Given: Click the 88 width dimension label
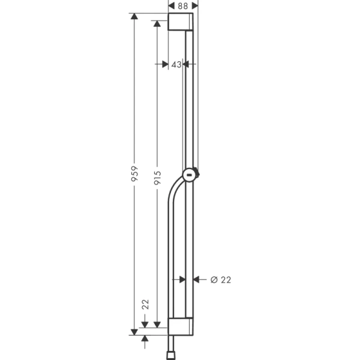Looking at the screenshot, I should [x=183, y=5].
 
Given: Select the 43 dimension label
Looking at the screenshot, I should [x=176, y=64].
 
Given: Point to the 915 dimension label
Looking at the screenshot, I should [x=157, y=175].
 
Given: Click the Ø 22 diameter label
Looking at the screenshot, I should [x=221, y=280].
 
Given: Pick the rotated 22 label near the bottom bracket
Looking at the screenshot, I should [x=145, y=305].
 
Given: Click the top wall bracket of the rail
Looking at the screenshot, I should [x=181, y=22].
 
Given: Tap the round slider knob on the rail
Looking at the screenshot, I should [x=190, y=175].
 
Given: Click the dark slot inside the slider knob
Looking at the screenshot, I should [x=190, y=175].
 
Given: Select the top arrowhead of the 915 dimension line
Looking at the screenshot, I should [x=157, y=23].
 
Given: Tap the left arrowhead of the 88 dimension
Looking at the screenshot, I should [x=172, y=5].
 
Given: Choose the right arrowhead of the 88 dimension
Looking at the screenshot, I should [x=194, y=5].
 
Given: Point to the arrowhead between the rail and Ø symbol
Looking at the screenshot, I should [x=198, y=280].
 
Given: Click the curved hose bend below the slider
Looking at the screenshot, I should [x=175, y=189].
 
